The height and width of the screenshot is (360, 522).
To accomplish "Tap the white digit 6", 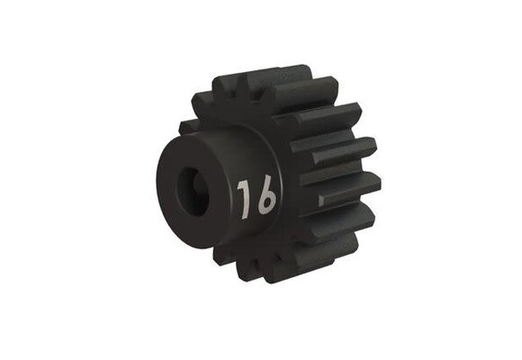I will [265, 198].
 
